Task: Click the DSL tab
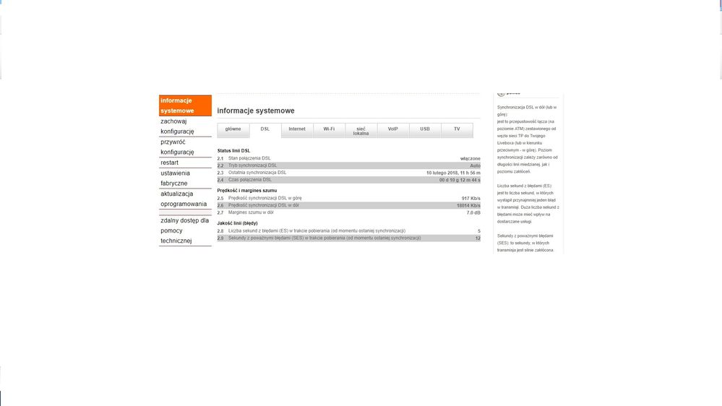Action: point(265,129)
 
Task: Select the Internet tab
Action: point(297,129)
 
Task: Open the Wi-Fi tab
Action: point(329,129)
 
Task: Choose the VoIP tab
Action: point(392,129)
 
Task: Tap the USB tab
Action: point(425,129)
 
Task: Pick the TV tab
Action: point(457,129)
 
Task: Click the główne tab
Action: point(233,129)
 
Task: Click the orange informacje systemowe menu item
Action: point(185,105)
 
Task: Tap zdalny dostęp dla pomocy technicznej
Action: point(184,230)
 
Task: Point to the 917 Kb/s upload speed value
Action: point(470,198)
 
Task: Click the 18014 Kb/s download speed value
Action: point(468,205)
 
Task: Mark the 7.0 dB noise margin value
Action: point(473,212)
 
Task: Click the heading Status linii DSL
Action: point(233,150)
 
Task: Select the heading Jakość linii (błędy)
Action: point(237,223)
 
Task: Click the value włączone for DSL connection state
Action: point(470,158)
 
